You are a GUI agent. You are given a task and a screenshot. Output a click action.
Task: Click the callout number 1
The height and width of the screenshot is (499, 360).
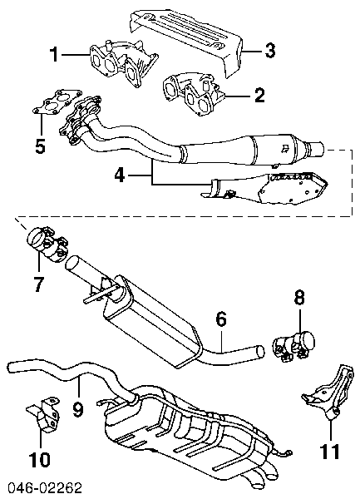55,54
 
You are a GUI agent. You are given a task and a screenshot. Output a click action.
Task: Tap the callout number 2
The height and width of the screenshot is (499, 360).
259,95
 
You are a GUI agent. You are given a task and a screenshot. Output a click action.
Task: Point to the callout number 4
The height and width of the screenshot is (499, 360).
120,175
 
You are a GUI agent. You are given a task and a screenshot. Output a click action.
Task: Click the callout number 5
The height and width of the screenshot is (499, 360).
40,146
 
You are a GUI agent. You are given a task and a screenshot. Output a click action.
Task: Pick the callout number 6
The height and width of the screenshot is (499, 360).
221,319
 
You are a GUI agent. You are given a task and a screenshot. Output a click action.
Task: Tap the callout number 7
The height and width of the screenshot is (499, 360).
38,284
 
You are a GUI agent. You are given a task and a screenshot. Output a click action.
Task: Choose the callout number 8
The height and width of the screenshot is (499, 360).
299,298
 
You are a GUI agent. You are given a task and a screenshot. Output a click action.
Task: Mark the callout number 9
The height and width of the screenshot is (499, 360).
78,409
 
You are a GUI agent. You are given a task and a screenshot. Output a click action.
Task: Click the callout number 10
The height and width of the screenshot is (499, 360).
39,460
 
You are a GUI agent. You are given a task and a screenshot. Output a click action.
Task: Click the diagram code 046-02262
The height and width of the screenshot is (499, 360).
45,488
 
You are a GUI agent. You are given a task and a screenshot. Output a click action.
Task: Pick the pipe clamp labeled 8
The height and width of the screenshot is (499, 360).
293,346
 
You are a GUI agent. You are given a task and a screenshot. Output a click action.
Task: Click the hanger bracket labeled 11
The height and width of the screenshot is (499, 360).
328,393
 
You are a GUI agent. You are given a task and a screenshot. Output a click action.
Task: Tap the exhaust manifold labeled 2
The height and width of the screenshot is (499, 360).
195,94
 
